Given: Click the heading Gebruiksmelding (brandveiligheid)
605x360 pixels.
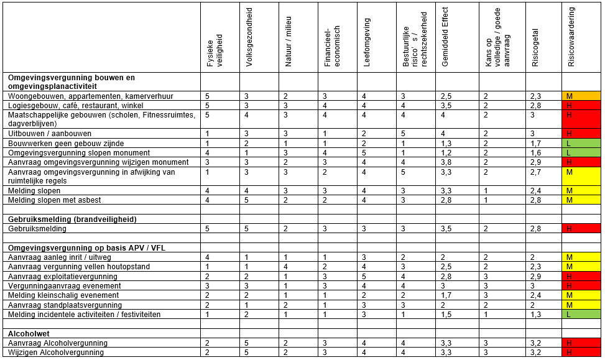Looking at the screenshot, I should click(72, 219).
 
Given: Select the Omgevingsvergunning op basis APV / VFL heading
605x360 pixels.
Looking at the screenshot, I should click(86, 248).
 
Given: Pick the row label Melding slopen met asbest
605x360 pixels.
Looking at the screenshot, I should click(54, 200).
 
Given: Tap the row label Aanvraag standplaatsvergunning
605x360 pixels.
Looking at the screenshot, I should click(61, 305).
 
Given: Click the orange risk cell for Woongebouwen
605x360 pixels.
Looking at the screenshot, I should click(581, 96).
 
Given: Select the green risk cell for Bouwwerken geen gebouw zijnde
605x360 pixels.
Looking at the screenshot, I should click(581, 144).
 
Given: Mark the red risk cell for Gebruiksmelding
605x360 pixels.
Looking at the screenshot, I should click(581, 229).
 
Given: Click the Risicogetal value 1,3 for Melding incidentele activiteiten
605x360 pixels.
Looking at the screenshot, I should click(537, 315).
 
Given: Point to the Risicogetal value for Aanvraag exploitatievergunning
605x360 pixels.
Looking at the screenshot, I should click(537, 276).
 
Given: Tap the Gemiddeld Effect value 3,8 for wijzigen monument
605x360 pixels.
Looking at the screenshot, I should click(446, 162).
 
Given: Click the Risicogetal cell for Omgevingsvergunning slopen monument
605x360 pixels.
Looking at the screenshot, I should click(537, 153).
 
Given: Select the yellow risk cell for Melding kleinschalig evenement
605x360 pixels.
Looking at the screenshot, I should click(581, 295).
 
